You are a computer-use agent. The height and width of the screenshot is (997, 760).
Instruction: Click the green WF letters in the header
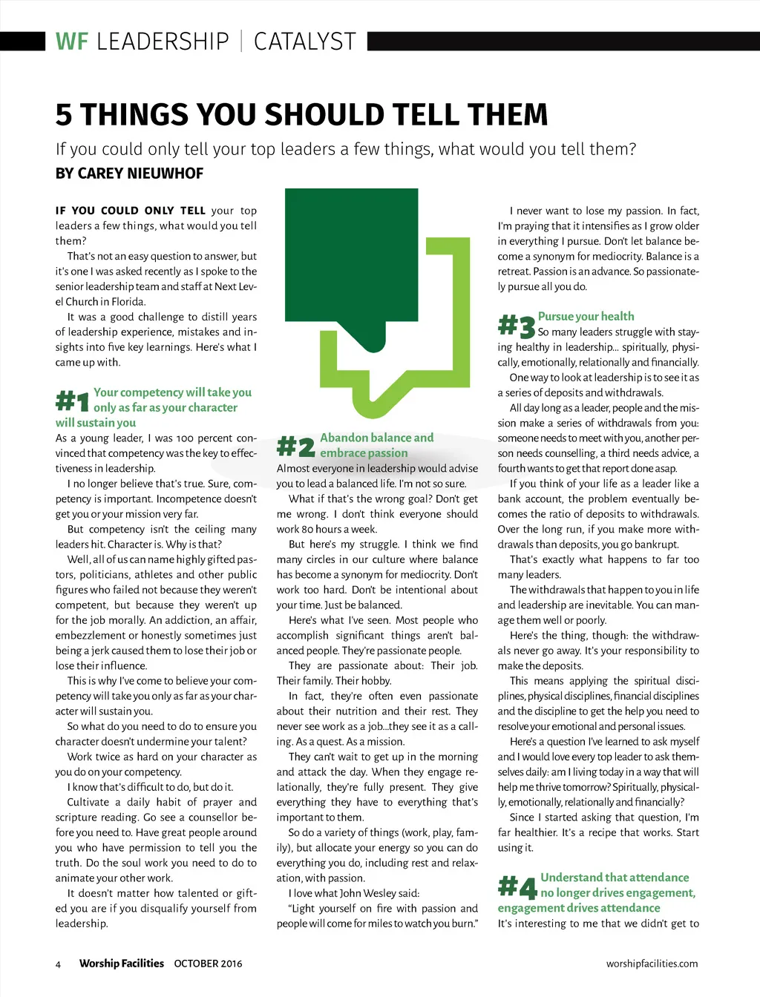[x=72, y=42]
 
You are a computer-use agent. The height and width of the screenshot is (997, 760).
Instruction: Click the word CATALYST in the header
[x=305, y=42]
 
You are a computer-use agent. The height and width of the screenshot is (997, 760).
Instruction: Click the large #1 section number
[x=72, y=401]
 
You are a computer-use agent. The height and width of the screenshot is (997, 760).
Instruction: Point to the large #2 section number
[x=295, y=446]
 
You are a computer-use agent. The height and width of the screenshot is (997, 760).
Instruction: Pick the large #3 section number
[x=516, y=325]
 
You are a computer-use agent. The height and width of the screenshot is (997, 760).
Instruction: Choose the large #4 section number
[x=517, y=886]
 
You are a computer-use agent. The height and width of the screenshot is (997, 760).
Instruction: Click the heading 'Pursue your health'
[x=586, y=316]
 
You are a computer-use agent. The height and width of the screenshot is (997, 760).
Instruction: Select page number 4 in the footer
[x=58, y=964]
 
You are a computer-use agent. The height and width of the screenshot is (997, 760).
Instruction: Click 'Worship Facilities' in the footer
[x=122, y=964]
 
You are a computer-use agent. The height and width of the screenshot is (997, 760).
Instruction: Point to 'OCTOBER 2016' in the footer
[x=208, y=964]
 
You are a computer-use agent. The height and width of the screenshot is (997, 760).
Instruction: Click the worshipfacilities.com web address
[x=652, y=964]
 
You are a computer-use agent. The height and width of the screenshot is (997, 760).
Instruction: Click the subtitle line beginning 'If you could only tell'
[x=345, y=149]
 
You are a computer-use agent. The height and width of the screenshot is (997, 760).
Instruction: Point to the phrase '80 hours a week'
[x=337, y=530]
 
